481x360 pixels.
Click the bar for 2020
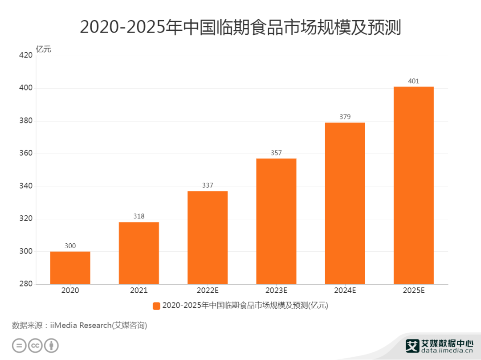(x=70, y=268)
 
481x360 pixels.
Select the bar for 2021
(x=139, y=253)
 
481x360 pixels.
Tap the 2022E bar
(x=208, y=237)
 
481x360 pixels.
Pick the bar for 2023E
(x=276, y=221)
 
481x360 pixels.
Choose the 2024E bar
(x=345, y=203)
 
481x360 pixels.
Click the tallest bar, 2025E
(x=413, y=185)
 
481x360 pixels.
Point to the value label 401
(x=413, y=81)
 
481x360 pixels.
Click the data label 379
(x=345, y=117)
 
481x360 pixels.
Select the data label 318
(x=139, y=216)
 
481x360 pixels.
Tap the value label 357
(x=276, y=153)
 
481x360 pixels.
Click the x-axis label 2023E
(x=276, y=291)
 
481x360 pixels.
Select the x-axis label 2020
(x=70, y=291)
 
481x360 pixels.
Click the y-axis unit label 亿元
(x=44, y=49)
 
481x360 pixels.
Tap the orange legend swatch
(x=156, y=306)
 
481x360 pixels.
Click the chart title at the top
(x=240, y=28)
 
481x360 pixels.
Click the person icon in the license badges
(x=52, y=346)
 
